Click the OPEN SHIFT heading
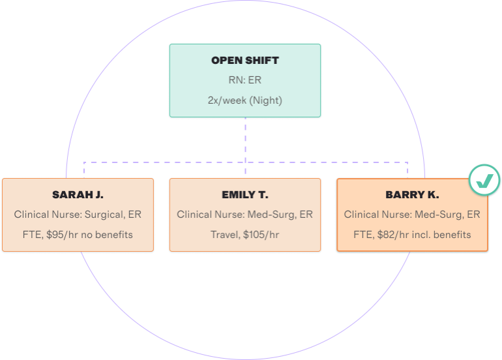(245, 61)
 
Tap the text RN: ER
(245, 80)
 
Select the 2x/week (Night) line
(245, 100)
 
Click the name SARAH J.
(78, 195)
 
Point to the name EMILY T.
(245, 195)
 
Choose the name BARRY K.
(412, 195)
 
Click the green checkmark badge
(484, 180)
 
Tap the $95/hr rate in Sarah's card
(62, 235)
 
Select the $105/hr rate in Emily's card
(261, 235)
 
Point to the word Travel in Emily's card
(225, 235)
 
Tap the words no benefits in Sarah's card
(107, 235)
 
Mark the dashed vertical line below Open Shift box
(246, 145)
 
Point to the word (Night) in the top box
(266, 100)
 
